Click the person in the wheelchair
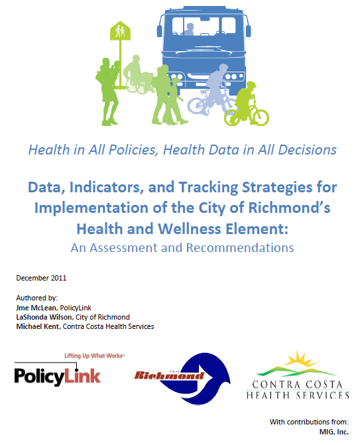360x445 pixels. coord(138,74)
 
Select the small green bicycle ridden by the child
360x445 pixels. coord(246,113)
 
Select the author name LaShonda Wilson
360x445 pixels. coord(44,317)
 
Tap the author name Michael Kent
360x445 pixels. coord(38,326)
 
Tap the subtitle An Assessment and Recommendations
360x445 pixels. coord(182,248)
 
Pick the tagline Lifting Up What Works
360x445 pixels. coord(95,356)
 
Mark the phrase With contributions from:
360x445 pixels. coord(309,422)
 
